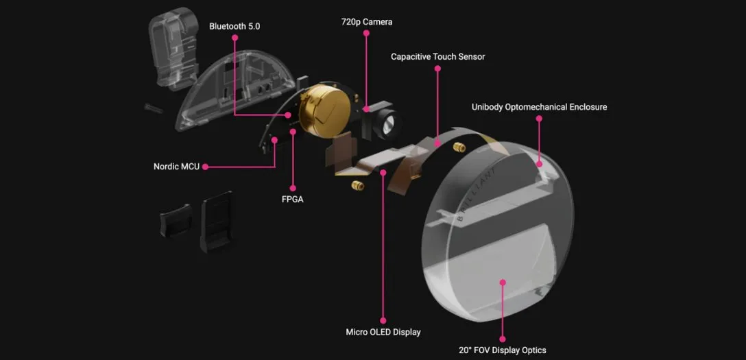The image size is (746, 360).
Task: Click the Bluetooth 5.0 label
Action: pyautogui.click(x=234, y=27)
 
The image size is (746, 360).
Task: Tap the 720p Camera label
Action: pyautogui.click(x=367, y=22)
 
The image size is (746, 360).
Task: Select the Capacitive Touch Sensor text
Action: pyautogui.click(x=437, y=57)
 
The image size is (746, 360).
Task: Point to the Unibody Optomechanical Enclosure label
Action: pyautogui.click(x=539, y=107)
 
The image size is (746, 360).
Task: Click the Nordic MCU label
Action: pyautogui.click(x=176, y=167)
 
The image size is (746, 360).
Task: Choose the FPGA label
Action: pyautogui.click(x=292, y=200)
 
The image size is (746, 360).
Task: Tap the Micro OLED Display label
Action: pyautogui.click(x=383, y=332)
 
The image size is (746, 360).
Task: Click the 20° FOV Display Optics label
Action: pyautogui.click(x=503, y=350)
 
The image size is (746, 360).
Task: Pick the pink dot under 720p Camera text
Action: pyautogui.click(x=366, y=33)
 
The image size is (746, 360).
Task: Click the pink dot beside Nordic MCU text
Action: pyautogui.click(x=205, y=167)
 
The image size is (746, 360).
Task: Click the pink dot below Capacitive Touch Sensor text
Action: pyautogui.click(x=437, y=69)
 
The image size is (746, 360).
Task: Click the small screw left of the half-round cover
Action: pyautogui.click(x=154, y=108)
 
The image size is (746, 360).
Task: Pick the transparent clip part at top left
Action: pyautogui.click(x=173, y=47)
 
